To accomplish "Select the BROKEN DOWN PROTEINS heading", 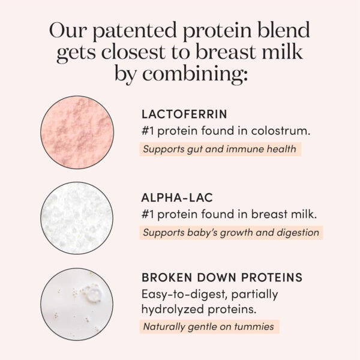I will click(x=221, y=278).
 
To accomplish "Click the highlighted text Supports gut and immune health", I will click(x=220, y=149).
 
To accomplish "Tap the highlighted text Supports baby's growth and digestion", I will click(x=230, y=232).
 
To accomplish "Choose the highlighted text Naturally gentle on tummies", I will click(x=209, y=327).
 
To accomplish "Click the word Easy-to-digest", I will click(x=178, y=295).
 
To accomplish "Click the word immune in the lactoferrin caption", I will click(x=247, y=149).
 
